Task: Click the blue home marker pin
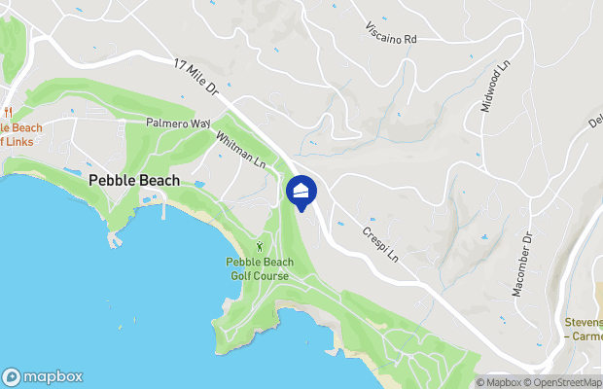pyautogui.click(x=301, y=193)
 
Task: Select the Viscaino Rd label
pyautogui.click(x=390, y=36)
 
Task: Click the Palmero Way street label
pyautogui.click(x=178, y=124)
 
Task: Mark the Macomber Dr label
pyautogui.click(x=518, y=263)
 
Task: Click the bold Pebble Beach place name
pyautogui.click(x=133, y=181)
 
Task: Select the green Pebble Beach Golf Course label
pyautogui.click(x=259, y=268)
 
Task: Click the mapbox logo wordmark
pyautogui.click(x=53, y=377)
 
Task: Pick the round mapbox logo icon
pyautogui.click(x=12, y=377)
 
